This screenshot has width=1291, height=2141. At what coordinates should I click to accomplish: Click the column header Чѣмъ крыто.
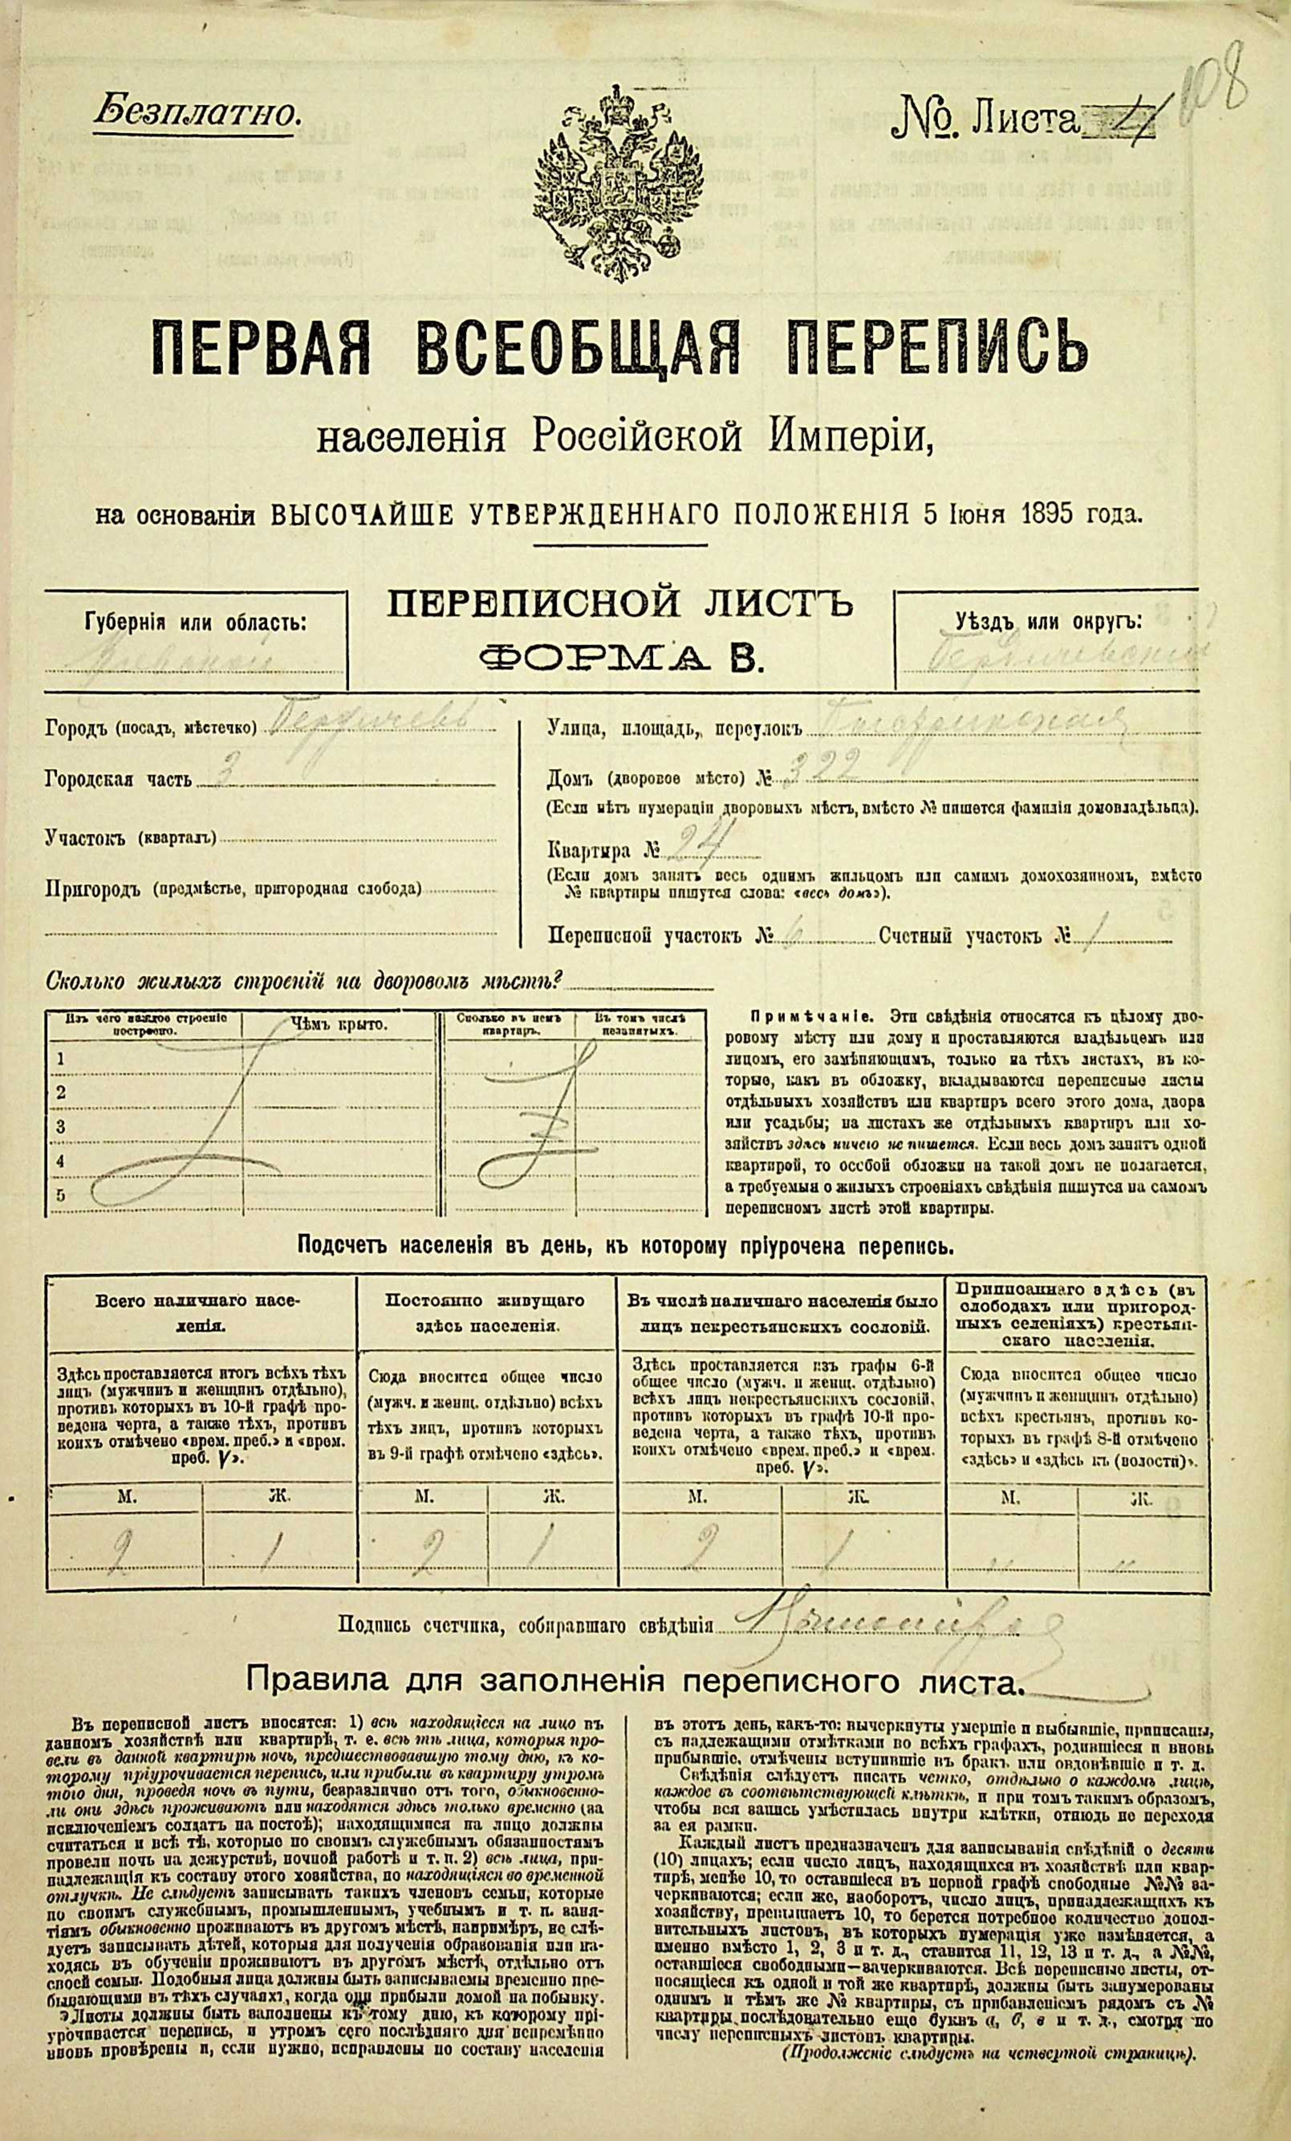[339, 1025]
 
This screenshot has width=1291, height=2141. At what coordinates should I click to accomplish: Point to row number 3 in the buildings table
[61, 1126]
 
